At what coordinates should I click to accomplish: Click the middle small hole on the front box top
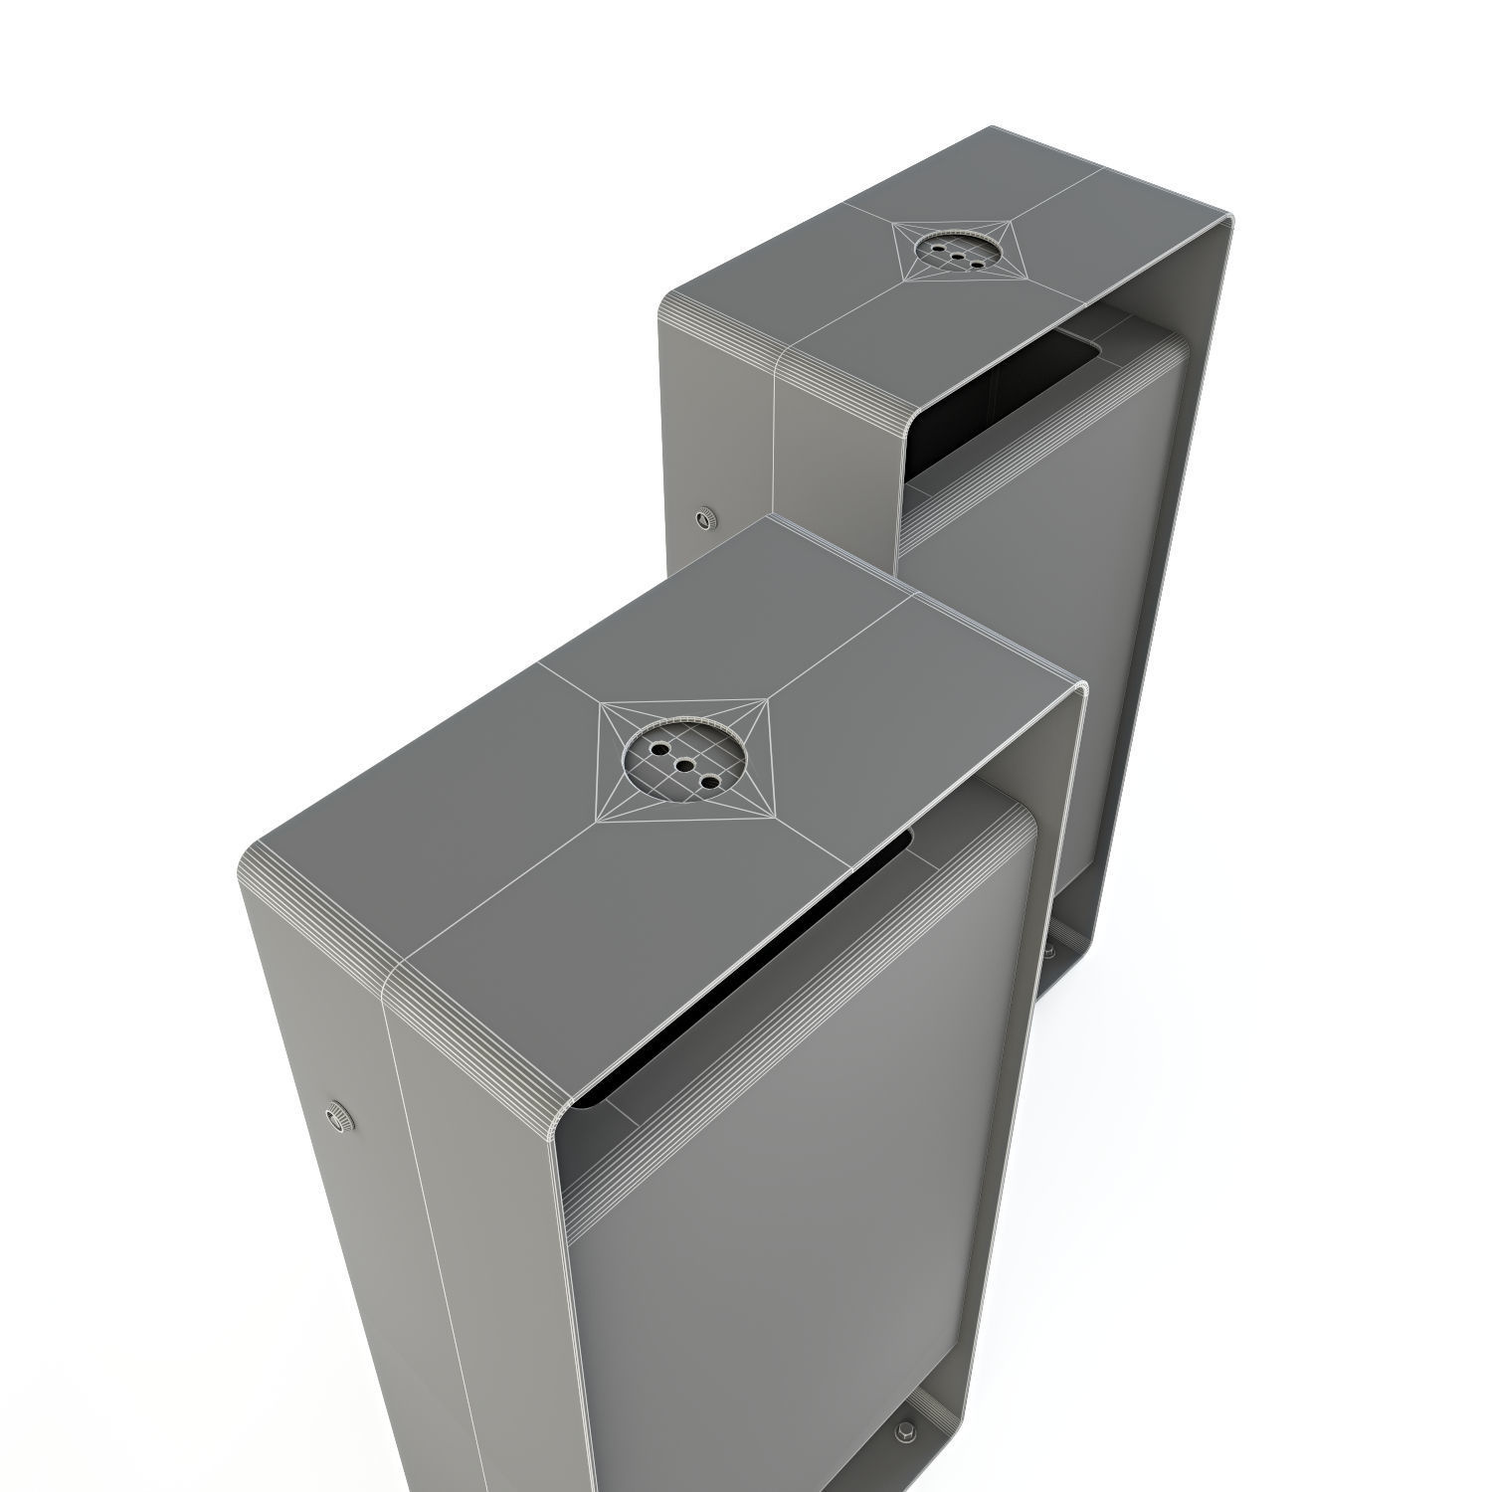coord(684,766)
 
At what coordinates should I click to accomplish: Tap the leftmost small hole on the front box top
coord(660,746)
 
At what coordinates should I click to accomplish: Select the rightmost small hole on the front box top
coord(709,783)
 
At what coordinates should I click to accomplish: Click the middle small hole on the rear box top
coord(958,256)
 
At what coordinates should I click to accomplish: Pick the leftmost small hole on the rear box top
coord(939,247)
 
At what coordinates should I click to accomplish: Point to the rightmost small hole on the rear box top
coord(976,264)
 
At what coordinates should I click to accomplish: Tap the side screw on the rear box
coord(705,518)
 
